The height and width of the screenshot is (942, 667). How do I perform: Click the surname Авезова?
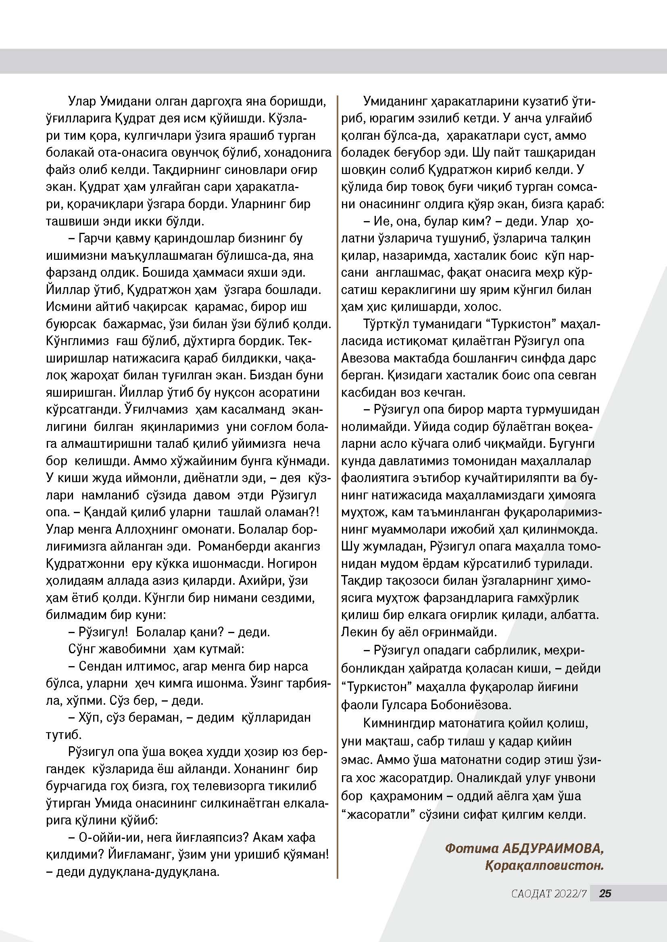click(369, 358)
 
